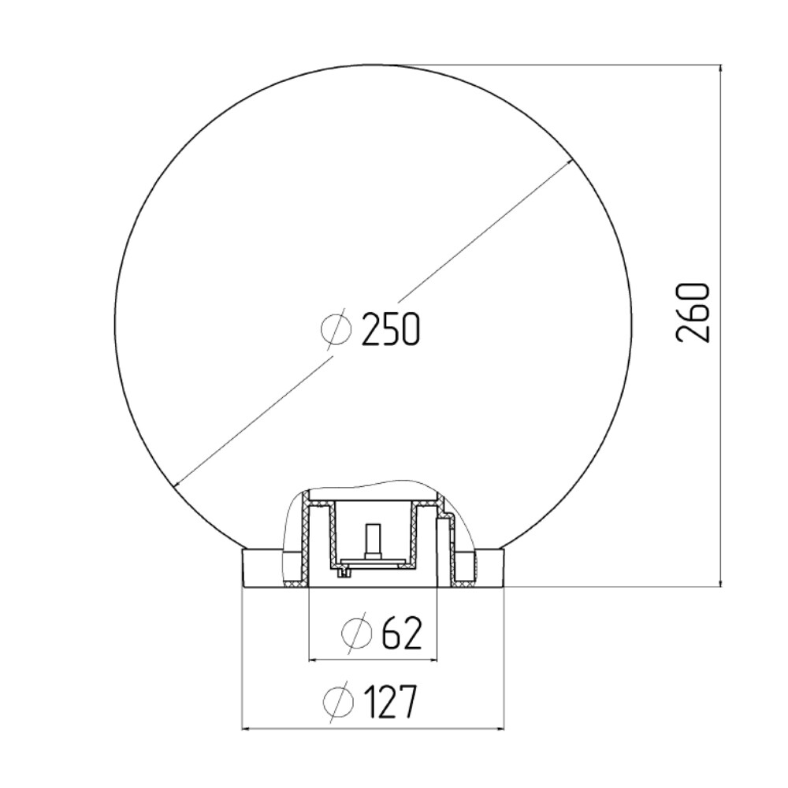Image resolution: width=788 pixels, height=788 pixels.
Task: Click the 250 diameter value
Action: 390,329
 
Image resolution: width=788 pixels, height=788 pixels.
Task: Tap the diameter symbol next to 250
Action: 336,328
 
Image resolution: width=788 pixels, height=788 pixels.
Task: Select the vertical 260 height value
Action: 693,313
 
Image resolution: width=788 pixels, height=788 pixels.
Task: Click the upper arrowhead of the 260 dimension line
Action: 722,71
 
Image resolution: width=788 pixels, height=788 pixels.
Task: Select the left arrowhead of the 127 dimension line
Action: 249,727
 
